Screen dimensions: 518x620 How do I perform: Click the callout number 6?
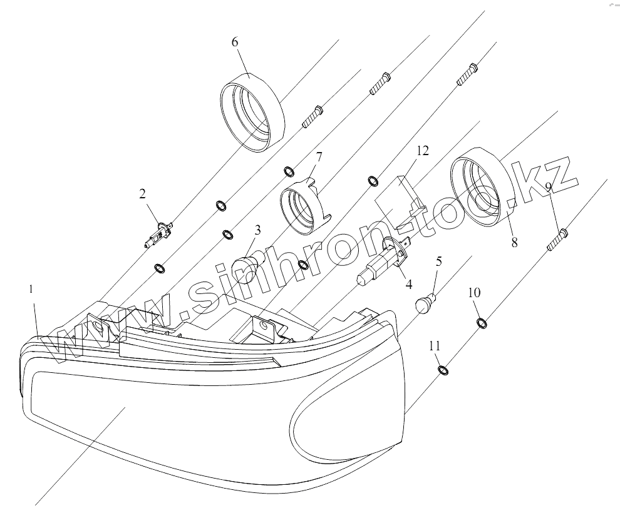(235, 42)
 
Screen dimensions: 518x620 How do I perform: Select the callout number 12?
(423, 150)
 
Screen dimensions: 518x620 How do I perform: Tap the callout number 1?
(31, 289)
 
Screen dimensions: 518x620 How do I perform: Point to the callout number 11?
(435, 345)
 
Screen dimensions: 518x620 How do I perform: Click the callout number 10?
(473, 292)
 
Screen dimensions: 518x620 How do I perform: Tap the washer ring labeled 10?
(482, 323)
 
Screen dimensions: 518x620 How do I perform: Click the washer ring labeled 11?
(443, 370)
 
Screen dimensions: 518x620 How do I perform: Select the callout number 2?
(143, 194)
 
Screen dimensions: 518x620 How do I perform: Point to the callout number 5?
(438, 260)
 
